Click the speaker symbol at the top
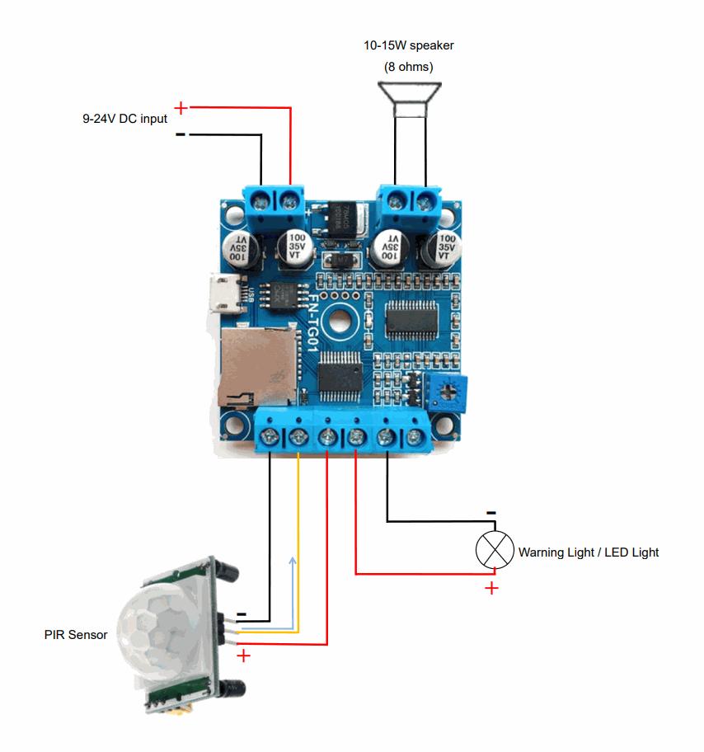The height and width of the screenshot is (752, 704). pos(409,98)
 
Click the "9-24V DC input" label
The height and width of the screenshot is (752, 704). pos(124,119)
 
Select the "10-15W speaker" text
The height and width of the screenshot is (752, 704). pos(409,45)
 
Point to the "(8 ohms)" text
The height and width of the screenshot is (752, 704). pos(409,67)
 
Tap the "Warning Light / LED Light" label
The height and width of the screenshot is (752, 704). pos(589,552)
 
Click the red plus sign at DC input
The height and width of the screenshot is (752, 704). pos(181,107)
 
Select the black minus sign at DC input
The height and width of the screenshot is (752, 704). pos(181,134)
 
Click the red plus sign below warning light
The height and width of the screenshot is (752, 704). pos(491,588)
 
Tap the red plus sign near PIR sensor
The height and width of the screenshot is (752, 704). pos(243,656)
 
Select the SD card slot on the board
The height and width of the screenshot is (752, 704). pos(256,366)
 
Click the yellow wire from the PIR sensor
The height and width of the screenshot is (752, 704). pos(298,536)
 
